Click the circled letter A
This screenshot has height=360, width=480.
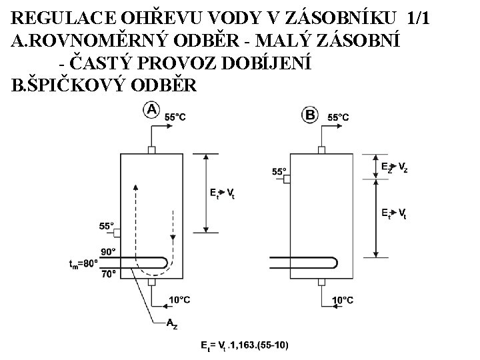point(151,110)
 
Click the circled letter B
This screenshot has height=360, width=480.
point(311,115)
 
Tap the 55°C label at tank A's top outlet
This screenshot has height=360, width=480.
point(175,117)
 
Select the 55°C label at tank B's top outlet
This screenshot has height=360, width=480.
point(338,117)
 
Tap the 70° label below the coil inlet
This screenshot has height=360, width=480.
point(108,273)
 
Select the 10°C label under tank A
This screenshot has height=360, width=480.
point(179,301)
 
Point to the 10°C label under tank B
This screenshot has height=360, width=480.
point(343,301)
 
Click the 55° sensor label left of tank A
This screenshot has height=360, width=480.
point(107,226)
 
